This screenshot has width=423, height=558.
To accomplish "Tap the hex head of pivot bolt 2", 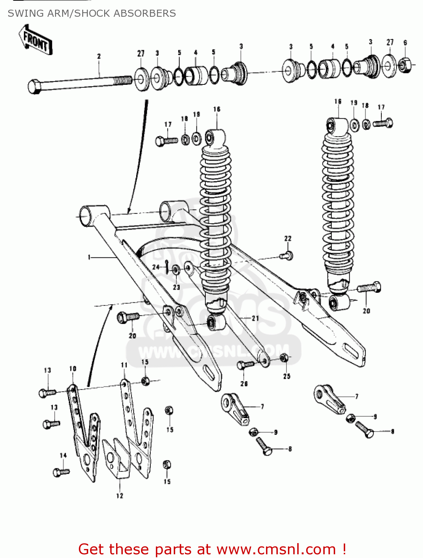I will tap(34, 87).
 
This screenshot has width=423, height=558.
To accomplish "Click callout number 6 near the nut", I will tap(405, 43).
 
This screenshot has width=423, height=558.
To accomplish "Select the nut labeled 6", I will tap(405, 65).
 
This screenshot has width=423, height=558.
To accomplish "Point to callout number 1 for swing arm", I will tap(89, 257).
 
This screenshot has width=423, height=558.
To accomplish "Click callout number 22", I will tap(288, 238).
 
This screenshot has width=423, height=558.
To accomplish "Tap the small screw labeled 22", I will tap(287, 256).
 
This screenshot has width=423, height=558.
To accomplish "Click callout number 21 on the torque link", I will tap(255, 318).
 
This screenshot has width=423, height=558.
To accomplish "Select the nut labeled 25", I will tap(283, 358).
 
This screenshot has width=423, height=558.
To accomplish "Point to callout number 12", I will tap(119, 496).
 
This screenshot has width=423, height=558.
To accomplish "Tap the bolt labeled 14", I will tap(61, 472).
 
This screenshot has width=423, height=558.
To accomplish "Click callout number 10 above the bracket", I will tap(73, 369).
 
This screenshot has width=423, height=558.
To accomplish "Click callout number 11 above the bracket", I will tap(124, 365).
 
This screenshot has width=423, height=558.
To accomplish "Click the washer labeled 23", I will tap(176, 270).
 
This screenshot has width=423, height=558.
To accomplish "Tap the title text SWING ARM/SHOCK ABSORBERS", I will tap(92, 13).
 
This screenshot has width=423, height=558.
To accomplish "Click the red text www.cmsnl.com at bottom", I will tap(276, 549).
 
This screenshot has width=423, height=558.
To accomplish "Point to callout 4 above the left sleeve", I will tap(195, 52).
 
